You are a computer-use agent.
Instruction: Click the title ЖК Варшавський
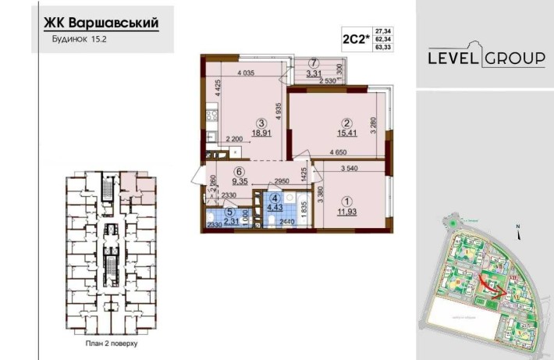pyautogui.click(x=98, y=23)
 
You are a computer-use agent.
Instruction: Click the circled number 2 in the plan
pyautogui.click(x=340, y=121)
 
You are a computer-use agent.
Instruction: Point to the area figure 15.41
pyautogui.click(x=340, y=134)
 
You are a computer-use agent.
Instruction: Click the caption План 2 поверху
pyautogui.click(x=105, y=342)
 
